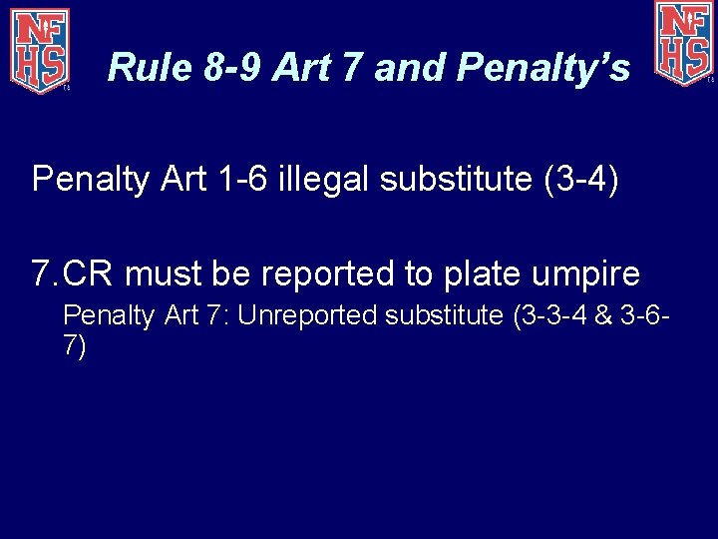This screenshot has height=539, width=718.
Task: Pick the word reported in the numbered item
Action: [x=301, y=273]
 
